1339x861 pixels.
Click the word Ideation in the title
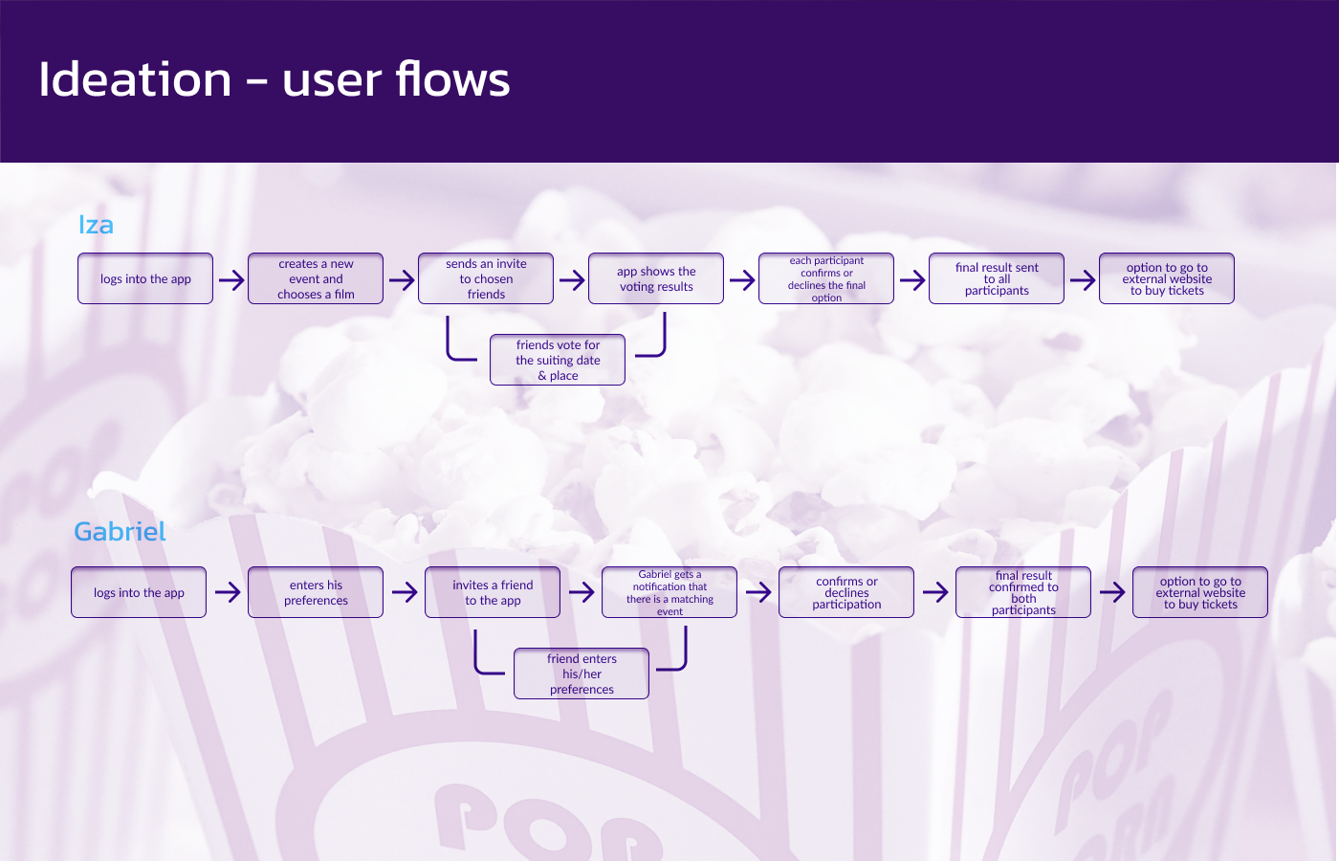click(135, 78)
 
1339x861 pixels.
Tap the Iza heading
click(96, 225)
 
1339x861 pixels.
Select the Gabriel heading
click(120, 532)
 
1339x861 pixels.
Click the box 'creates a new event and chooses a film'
click(316, 278)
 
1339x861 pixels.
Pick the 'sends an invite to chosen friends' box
click(486, 278)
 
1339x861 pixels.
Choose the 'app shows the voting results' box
click(656, 278)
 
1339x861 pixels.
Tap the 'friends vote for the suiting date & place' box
click(558, 360)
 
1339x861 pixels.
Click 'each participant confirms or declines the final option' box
click(826, 278)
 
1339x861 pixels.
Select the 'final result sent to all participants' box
click(997, 278)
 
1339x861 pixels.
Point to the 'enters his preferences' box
click(316, 592)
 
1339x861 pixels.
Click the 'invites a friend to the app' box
click(493, 592)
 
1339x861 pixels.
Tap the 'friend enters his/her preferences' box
click(582, 673)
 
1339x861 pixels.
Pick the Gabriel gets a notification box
click(669, 592)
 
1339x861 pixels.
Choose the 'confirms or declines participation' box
click(846, 592)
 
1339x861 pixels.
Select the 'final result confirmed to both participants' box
click(1023, 592)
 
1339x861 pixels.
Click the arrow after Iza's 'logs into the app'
click(231, 279)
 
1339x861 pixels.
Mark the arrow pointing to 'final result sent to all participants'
click(912, 279)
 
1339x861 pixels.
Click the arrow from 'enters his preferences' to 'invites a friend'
click(405, 592)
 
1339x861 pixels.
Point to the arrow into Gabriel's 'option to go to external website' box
click(1112, 592)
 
